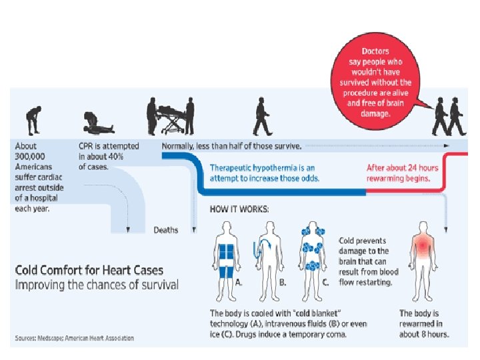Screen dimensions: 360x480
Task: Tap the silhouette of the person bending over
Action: tap(31, 120)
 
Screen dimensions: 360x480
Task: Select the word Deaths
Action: tap(166, 230)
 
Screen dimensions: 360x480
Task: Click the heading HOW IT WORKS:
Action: tap(239, 209)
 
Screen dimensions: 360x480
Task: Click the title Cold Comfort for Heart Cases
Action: tap(89, 271)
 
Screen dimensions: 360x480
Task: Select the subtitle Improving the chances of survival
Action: tap(97, 285)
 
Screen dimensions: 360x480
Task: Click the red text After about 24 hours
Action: tap(403, 167)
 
